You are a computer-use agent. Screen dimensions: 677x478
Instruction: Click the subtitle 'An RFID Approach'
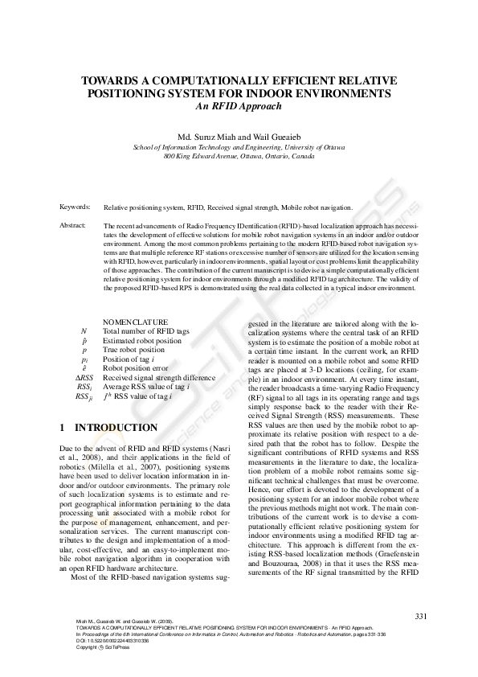pyautogui.click(x=239, y=105)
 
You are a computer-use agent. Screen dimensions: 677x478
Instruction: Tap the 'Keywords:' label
pyautogui.click(x=75, y=207)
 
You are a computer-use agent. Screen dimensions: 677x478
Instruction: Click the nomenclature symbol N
pyautogui.click(x=84, y=331)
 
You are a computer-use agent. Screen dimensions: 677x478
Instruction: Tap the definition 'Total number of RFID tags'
pyautogui.click(x=146, y=331)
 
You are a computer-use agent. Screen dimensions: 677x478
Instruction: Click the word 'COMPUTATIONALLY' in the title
pyautogui.click(x=219, y=81)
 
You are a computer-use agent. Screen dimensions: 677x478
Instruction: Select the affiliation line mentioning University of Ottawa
pyautogui.click(x=239, y=148)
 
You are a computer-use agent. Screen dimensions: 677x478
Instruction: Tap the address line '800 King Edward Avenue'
pyautogui.click(x=239, y=157)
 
